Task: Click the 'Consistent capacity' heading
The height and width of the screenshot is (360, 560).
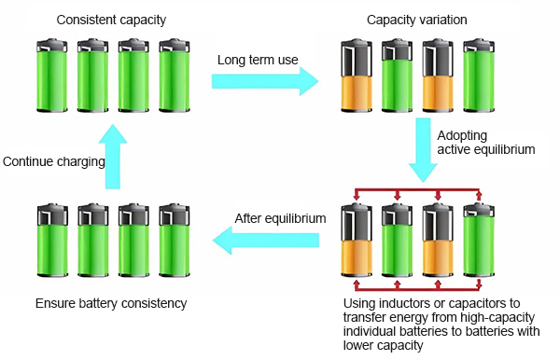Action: [111, 20]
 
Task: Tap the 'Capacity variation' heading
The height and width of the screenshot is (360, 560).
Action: [417, 20]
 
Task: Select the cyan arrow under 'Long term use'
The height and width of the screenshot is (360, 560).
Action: [265, 81]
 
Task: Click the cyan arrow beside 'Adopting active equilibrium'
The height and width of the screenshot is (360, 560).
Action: [423, 150]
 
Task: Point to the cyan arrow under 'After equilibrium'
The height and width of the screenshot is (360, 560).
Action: [266, 240]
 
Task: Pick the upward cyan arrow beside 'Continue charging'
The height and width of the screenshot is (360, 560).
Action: [113, 157]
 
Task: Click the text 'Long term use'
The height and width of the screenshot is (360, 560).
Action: [258, 60]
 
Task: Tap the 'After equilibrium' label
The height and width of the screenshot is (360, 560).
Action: [280, 218]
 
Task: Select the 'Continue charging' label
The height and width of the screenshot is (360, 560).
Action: [54, 161]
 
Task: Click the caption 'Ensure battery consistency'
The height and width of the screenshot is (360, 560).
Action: [111, 303]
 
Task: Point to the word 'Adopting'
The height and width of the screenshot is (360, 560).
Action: [462, 136]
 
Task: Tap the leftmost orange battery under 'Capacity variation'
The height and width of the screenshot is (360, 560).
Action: [357, 76]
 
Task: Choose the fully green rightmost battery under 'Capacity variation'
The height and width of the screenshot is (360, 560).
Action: [479, 76]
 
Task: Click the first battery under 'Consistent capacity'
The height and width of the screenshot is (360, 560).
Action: [52, 76]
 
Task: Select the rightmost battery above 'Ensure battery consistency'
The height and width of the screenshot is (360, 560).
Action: [175, 240]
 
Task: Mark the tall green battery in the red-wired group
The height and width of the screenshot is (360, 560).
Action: [479, 240]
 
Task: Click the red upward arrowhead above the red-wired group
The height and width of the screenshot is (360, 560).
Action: [479, 195]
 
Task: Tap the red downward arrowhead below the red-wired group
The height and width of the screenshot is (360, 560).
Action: [479, 284]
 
